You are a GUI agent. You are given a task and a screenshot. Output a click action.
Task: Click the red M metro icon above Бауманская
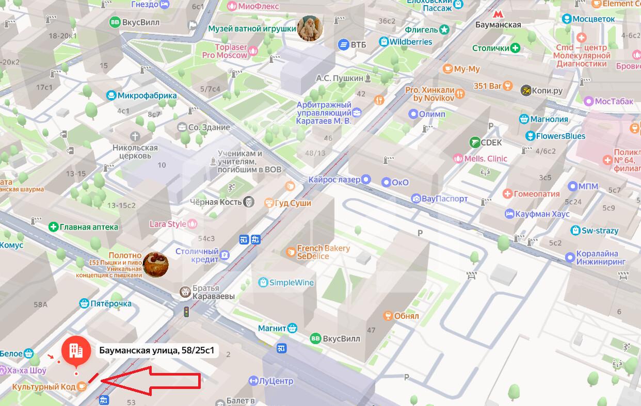498,14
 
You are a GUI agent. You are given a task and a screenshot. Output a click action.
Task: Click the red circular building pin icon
76,350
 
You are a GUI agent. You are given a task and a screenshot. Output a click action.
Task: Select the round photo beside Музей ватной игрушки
311,28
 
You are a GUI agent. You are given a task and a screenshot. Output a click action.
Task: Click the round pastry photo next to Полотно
155,264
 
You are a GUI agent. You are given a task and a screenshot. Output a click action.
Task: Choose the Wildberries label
411,41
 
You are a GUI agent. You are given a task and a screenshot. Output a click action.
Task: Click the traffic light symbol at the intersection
187,312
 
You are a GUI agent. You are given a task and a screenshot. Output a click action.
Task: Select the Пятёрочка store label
111,304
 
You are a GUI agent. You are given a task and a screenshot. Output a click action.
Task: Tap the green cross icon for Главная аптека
53,226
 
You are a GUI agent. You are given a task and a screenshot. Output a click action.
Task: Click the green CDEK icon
475,142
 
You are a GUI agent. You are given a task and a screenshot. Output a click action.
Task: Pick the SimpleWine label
292,282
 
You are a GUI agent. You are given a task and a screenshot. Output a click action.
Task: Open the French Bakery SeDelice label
323,252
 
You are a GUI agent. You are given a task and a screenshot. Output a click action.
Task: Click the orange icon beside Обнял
388,315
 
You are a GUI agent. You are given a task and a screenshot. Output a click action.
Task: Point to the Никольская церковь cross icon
135,137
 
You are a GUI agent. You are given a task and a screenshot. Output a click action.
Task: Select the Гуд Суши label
293,203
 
